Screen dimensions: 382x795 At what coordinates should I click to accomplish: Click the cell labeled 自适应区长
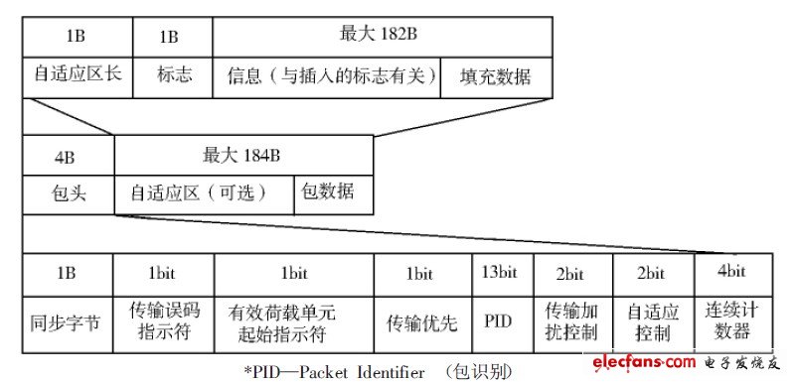point(78,76)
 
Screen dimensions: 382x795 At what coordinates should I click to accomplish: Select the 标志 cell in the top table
point(175,76)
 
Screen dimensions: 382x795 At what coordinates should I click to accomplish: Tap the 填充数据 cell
point(495,76)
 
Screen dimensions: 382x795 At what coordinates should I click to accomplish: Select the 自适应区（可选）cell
point(205,192)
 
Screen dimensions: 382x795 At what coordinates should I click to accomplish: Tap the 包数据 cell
point(333,192)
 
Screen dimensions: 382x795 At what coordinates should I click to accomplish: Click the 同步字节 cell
point(68,321)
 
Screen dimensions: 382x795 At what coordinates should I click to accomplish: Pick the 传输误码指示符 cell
point(164,321)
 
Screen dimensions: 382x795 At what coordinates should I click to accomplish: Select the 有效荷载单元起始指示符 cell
point(294,321)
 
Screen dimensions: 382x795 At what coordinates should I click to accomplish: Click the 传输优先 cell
point(421,321)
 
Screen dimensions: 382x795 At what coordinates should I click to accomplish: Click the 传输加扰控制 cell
point(572,321)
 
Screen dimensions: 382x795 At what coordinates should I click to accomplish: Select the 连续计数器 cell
point(727,321)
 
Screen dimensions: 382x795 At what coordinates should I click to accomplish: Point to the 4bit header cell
point(727,271)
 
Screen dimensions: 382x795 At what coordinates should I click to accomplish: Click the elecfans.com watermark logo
point(687,361)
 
